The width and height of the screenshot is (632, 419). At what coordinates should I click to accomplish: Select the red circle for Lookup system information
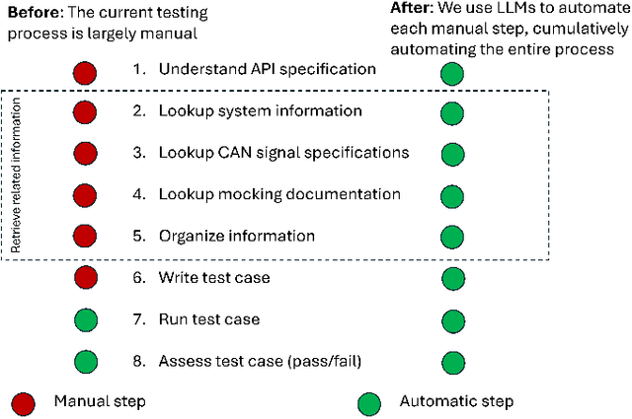86,112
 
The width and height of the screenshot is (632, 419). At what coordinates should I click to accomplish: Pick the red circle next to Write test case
86,279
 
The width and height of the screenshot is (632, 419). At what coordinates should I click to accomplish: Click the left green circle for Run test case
86,320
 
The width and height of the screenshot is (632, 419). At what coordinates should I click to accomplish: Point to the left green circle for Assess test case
86,362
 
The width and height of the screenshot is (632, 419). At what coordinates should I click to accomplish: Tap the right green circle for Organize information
452,237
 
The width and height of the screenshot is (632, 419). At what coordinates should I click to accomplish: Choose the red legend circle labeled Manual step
24,402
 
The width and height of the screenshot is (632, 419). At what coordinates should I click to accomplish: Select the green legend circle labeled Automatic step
368,402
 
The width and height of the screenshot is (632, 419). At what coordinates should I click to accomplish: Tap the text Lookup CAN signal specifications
283,154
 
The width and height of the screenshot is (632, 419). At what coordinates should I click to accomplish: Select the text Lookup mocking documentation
279,195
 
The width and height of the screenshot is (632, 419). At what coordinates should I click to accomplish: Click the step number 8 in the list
138,362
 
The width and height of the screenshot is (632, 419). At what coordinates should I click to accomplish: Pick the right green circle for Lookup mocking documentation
452,195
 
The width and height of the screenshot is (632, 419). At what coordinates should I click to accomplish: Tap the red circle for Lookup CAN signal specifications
86,154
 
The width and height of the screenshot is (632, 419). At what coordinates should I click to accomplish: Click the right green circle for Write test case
452,279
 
